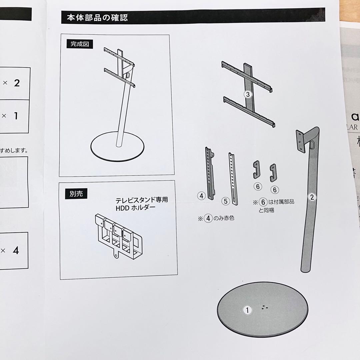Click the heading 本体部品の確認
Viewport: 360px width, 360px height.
click(97, 17)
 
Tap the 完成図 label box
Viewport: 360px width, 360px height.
click(80, 44)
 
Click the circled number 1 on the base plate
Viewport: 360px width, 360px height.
click(247, 310)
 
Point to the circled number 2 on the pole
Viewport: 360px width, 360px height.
click(312, 197)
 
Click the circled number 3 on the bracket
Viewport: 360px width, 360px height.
click(247, 94)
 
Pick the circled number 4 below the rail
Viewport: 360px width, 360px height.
click(201, 196)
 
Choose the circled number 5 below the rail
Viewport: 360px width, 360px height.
click(226, 201)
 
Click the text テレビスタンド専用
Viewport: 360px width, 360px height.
click(141, 201)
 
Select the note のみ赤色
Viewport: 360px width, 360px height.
click(224, 219)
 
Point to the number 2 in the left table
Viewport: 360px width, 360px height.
click(17, 83)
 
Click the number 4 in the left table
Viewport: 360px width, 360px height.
click(16, 250)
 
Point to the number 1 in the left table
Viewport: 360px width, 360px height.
click(15, 116)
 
